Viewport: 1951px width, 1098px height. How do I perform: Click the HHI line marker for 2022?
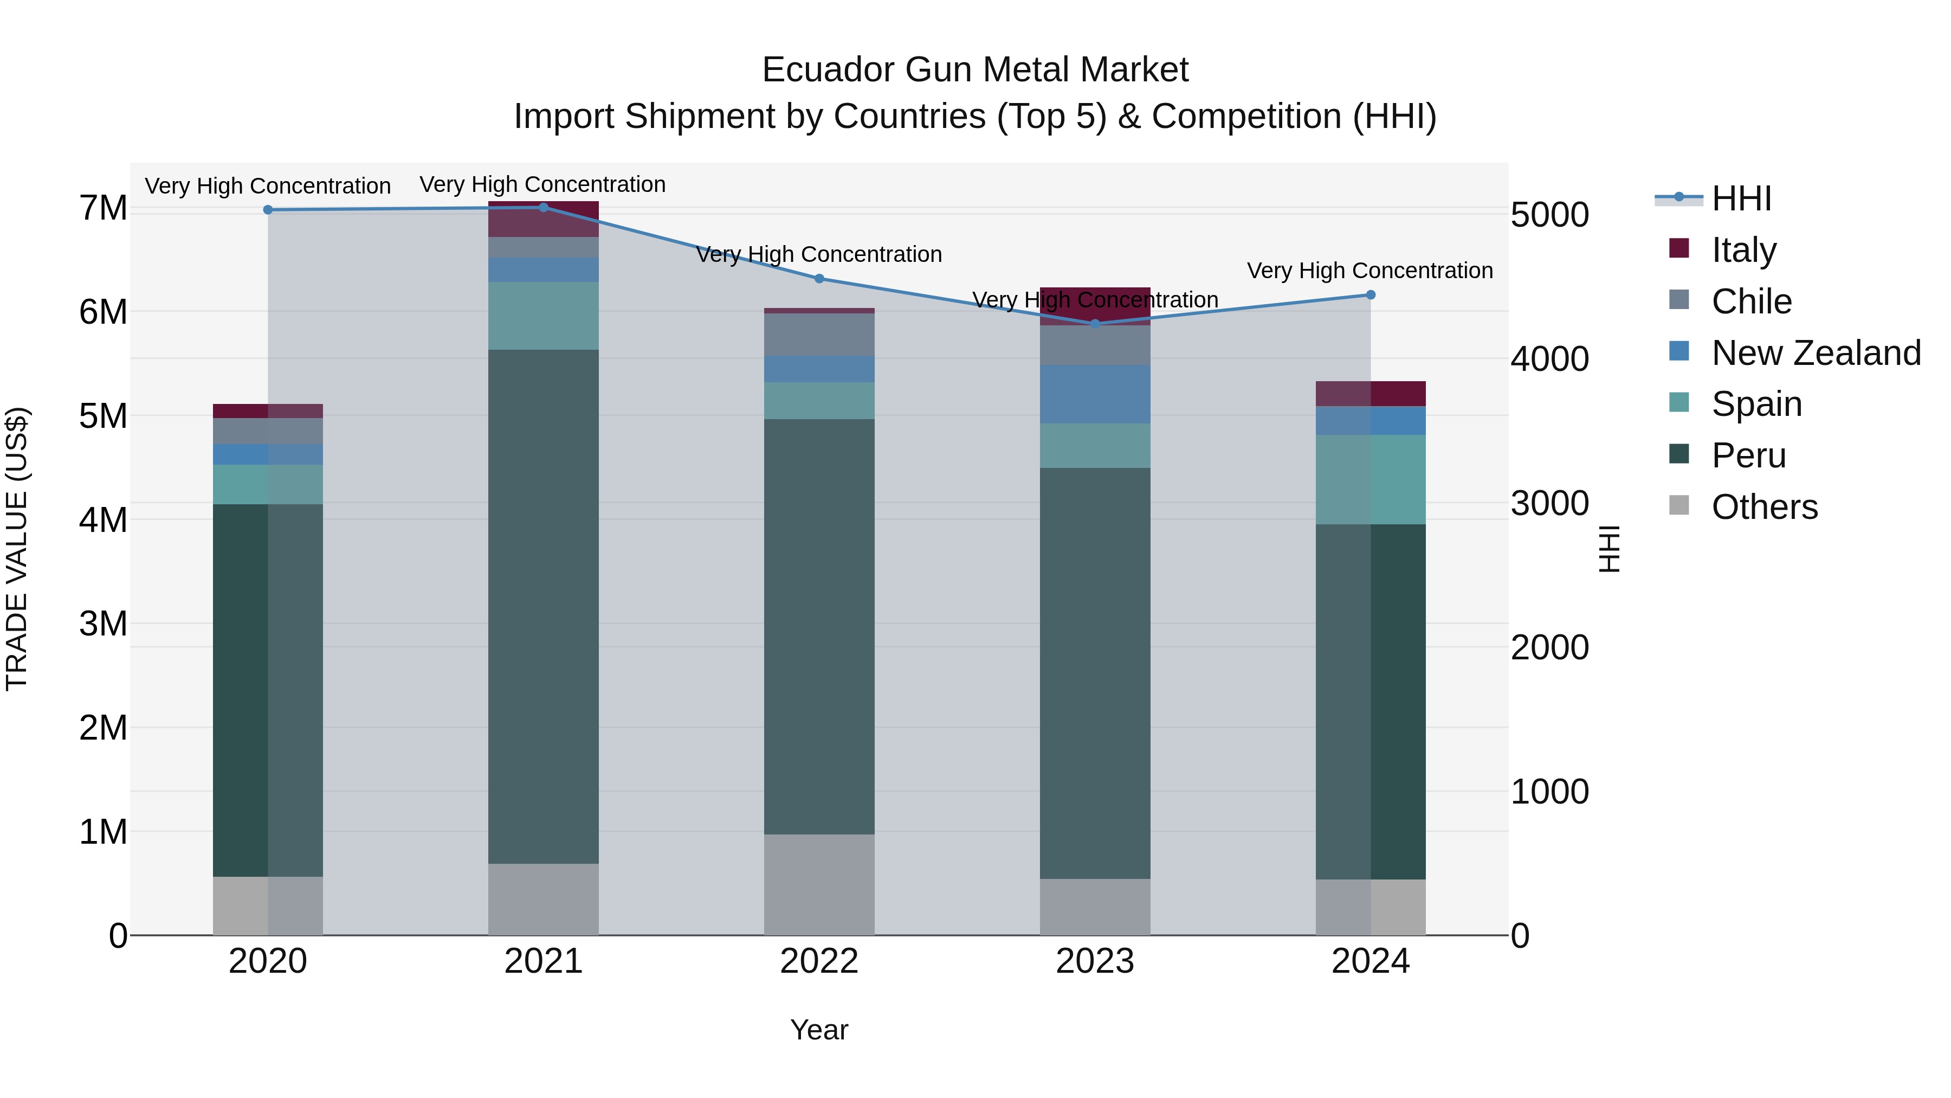pos(819,278)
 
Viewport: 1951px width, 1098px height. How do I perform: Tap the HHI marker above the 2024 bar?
pos(1370,295)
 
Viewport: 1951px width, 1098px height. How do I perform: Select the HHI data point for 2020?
pos(268,210)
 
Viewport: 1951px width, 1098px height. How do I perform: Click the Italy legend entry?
pos(1743,250)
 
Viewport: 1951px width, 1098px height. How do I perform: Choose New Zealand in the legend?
pos(1816,353)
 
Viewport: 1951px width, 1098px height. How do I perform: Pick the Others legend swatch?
pos(1678,505)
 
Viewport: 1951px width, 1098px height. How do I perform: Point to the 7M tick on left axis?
pos(103,208)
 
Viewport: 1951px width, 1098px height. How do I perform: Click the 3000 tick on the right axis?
pos(1549,503)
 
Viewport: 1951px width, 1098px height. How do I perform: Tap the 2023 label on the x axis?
pos(1094,961)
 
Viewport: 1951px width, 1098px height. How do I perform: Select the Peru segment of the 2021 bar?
pos(543,606)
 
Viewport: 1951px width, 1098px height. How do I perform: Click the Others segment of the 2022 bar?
pos(819,884)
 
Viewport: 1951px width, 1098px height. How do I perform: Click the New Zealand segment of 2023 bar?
pos(1094,394)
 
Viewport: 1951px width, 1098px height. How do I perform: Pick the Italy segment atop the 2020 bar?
pos(268,410)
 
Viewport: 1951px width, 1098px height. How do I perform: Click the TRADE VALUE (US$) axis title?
pos(17,549)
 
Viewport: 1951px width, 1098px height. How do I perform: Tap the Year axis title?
pos(819,1030)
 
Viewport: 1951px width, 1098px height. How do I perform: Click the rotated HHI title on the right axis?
pos(1608,549)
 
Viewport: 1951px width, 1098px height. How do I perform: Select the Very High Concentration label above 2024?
pos(1369,271)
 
